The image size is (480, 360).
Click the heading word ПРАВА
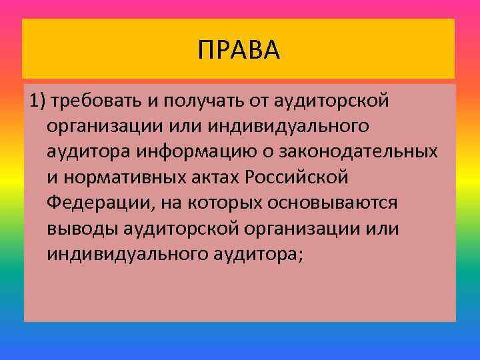pos(239,49)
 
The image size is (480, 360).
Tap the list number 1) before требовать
pos(37,101)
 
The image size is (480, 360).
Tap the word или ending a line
pos(383,228)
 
